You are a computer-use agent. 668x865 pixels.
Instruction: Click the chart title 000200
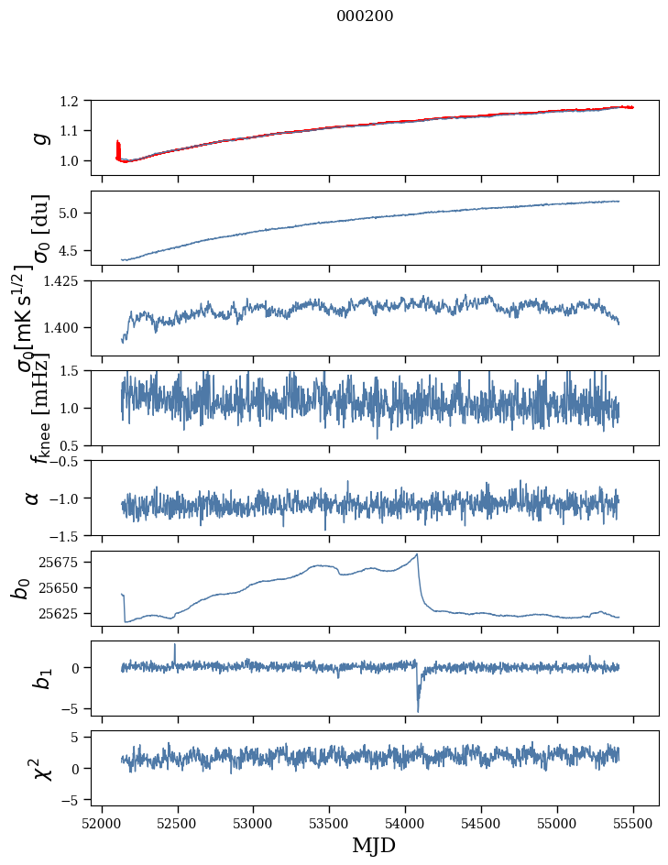click(365, 16)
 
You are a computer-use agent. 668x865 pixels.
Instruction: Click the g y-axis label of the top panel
click(39, 137)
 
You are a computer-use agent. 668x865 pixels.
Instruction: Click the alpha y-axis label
click(33, 498)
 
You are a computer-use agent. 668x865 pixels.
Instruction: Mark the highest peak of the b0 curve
click(417, 554)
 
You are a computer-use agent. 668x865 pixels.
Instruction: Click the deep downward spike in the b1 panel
click(418, 710)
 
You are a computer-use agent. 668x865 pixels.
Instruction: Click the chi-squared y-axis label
click(36, 768)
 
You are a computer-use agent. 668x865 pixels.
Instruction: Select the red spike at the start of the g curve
click(118, 147)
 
